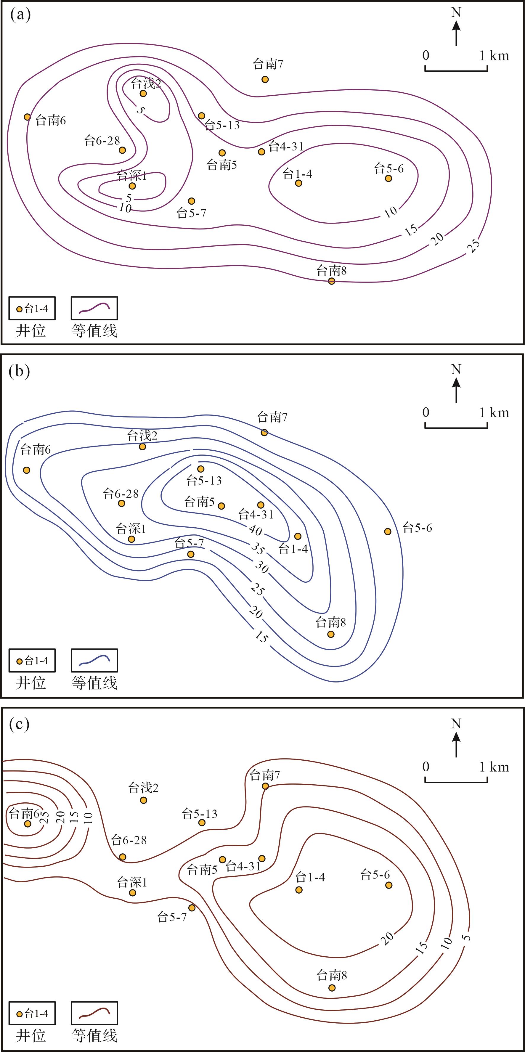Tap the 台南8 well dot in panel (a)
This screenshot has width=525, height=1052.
332,281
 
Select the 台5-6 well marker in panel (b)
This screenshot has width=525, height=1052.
388,531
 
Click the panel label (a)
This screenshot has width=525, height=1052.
20,15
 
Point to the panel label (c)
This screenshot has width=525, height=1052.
19,724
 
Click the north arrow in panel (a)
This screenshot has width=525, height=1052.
456,33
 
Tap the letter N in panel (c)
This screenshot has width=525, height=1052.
456,724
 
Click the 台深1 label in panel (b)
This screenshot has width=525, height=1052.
131,529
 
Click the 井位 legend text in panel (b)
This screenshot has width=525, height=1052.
30,683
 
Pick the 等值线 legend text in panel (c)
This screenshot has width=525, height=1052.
94,1036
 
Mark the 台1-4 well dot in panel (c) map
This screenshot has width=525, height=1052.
299,890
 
